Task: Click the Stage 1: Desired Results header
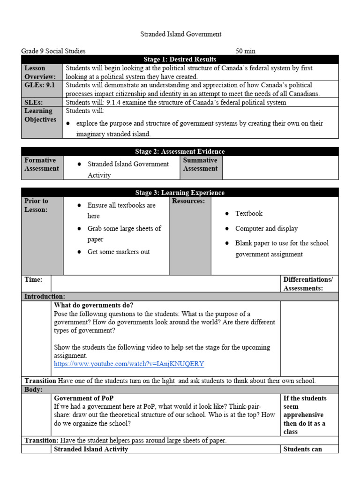pos(180,59)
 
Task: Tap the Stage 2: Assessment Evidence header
pos(180,151)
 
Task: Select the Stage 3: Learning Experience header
pos(180,193)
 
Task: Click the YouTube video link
pos(129,364)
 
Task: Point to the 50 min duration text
pos(245,51)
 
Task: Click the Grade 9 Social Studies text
pos(53,51)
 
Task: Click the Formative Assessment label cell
pos(42,165)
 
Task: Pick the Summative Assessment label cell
pos(200,165)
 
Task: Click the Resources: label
pos(188,201)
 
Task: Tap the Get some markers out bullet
pos(119,252)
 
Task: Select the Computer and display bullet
pos(266,229)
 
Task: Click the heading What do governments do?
pos(94,305)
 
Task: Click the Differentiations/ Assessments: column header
pos(308,284)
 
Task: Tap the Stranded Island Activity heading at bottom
pos(91,449)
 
